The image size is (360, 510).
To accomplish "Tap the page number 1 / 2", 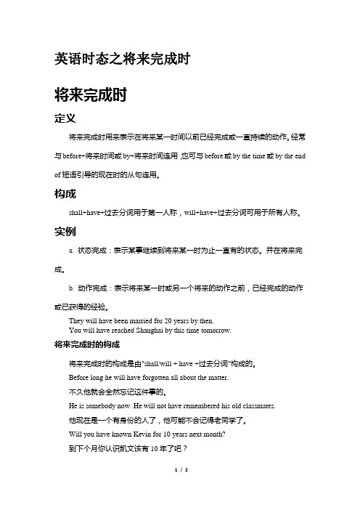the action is pyautogui.click(x=179, y=491).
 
